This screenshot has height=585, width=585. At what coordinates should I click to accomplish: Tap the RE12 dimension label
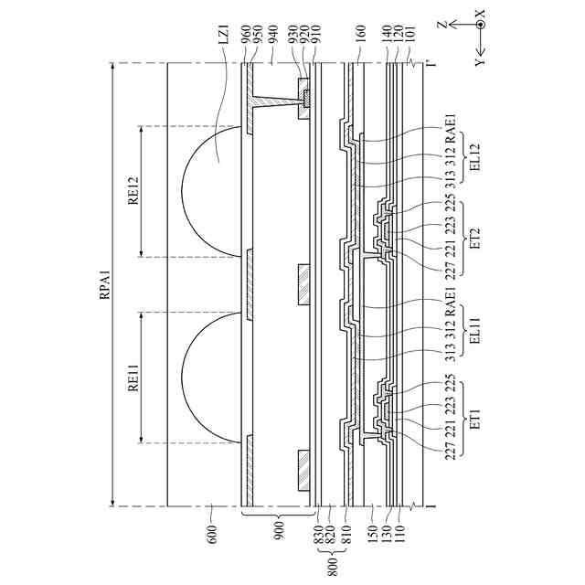(133, 190)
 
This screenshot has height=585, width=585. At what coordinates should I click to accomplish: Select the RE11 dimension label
(133, 378)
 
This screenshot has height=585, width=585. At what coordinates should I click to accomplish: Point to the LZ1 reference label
(224, 40)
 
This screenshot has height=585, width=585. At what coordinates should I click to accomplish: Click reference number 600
(211, 535)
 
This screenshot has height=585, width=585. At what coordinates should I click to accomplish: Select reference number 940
(273, 35)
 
